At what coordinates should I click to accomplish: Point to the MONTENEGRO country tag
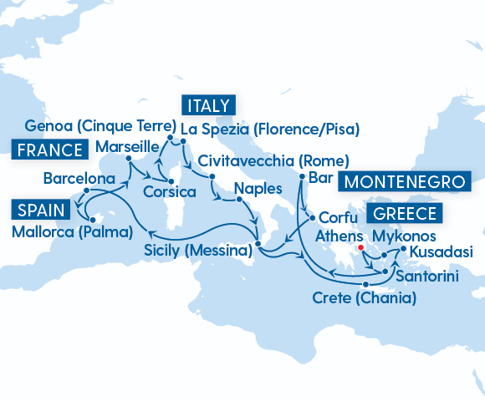coord(406,181)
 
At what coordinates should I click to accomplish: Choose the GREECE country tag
coord(404,213)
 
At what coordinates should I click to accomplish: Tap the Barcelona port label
coord(79,179)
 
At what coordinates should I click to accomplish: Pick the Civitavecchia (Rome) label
coord(273,160)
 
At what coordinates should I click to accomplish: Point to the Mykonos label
coord(404,236)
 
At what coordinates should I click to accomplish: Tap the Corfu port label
coord(339,216)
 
